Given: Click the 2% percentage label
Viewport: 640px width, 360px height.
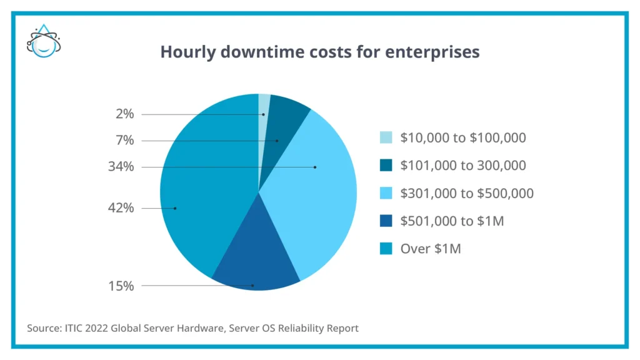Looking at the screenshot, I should pyautogui.click(x=124, y=114).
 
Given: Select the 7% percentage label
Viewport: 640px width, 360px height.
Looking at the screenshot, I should pyautogui.click(x=124, y=141).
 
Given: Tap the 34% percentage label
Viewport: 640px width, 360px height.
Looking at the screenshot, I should pyautogui.click(x=121, y=167).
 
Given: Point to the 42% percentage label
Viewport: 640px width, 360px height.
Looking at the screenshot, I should pyautogui.click(x=121, y=208).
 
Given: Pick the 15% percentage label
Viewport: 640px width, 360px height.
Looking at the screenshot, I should pyautogui.click(x=121, y=286).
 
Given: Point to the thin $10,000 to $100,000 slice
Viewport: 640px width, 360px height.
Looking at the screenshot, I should pyautogui.click(x=264, y=104).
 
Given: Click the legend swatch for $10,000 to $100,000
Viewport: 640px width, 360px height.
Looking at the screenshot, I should pyautogui.click(x=386, y=138).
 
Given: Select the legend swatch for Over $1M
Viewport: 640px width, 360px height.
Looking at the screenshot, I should pyautogui.click(x=386, y=249).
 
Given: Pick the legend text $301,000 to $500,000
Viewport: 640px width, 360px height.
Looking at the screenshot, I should pyautogui.click(x=467, y=194).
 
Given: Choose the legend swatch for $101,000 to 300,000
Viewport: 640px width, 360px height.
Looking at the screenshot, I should pyautogui.click(x=386, y=166).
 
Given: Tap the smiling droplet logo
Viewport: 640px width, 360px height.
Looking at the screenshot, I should pyautogui.click(x=44, y=42).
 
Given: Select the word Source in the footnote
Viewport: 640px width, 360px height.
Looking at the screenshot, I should pyautogui.click(x=41, y=328).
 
